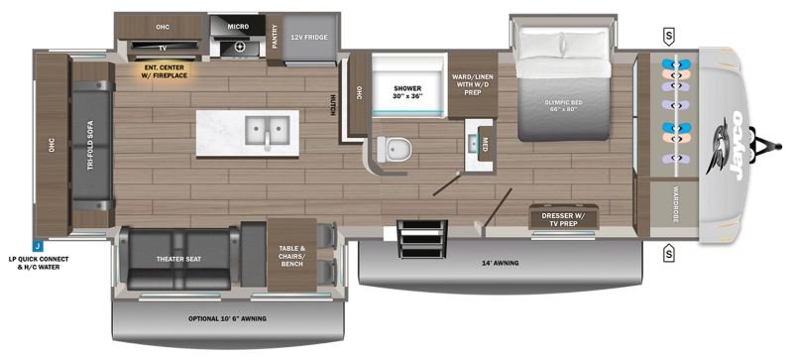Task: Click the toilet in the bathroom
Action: coord(394,149)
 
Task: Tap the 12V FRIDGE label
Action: coord(309,38)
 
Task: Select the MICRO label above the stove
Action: coord(237,27)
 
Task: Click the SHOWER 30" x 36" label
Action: coord(407,92)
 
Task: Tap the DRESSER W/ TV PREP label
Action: coord(563,219)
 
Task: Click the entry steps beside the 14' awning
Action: coord(423,238)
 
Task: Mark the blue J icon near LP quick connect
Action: coord(38,248)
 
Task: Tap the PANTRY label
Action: coord(276,37)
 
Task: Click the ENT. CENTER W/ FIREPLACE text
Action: coord(165,71)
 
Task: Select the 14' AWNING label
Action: coord(501,263)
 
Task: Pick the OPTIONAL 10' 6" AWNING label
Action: coord(227,319)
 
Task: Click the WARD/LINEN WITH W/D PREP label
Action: coord(473,84)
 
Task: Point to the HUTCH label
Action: coord(333,105)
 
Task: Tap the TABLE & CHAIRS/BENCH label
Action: coord(292,256)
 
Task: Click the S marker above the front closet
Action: coord(669,36)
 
